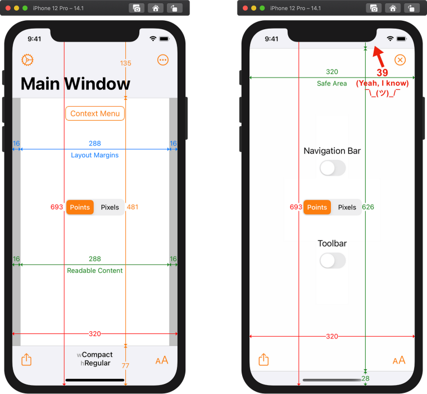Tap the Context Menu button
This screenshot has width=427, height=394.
(95, 113)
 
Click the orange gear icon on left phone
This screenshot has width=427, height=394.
(27, 60)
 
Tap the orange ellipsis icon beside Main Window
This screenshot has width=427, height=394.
(163, 60)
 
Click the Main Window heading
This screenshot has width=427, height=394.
(75, 84)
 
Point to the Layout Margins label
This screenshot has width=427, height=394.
(94, 155)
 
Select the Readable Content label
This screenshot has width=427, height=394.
(94, 271)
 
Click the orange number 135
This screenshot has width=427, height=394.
(125, 63)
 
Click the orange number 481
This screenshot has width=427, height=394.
(133, 207)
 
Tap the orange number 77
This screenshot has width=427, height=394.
(125, 365)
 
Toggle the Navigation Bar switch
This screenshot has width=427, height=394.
(332, 168)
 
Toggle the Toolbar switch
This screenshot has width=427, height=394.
(332, 260)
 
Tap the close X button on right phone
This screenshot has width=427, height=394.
(400, 60)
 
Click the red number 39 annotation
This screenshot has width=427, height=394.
(382, 73)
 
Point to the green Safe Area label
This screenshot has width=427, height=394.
(331, 84)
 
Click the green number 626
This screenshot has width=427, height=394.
(368, 207)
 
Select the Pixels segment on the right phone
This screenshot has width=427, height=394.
(347, 207)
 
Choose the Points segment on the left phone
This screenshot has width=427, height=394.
(80, 207)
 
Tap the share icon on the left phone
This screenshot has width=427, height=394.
(26, 360)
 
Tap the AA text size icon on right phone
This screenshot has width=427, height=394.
(399, 360)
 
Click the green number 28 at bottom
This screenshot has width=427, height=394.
(365, 379)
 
